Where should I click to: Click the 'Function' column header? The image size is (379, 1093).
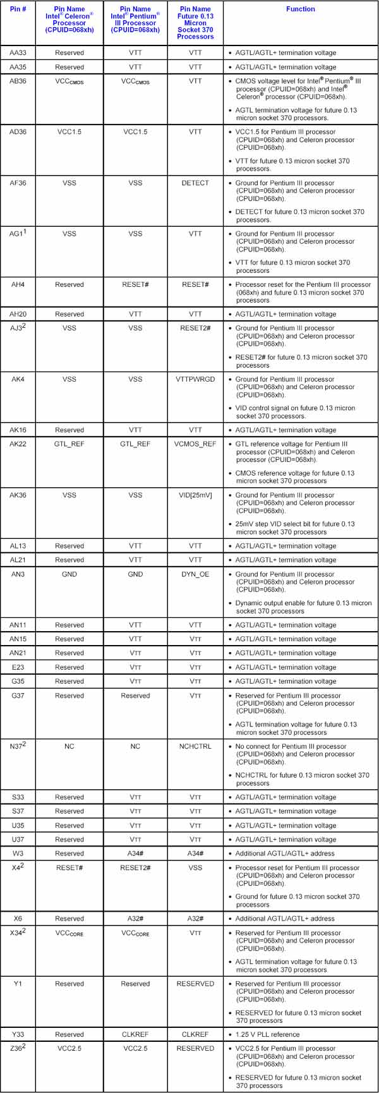300,9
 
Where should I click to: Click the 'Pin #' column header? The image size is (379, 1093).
18,9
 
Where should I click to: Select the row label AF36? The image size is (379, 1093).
18,183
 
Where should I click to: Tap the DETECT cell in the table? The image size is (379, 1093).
195,183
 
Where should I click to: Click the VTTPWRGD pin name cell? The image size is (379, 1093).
195,379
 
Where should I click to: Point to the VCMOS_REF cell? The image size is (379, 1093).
195,444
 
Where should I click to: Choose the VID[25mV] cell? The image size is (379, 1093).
195,495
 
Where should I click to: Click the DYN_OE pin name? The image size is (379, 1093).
195,574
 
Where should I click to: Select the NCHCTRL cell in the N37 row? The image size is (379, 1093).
195,746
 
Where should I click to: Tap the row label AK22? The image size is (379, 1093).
18,444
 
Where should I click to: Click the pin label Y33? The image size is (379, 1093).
18,1034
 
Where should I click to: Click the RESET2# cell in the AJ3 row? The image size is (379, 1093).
195,329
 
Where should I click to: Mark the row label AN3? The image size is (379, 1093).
18,574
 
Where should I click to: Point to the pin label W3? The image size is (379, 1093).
18,854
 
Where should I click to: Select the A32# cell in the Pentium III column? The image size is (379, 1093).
135,919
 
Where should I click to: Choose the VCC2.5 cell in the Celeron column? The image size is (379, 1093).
69,1049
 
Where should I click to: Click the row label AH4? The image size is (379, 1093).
18,284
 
